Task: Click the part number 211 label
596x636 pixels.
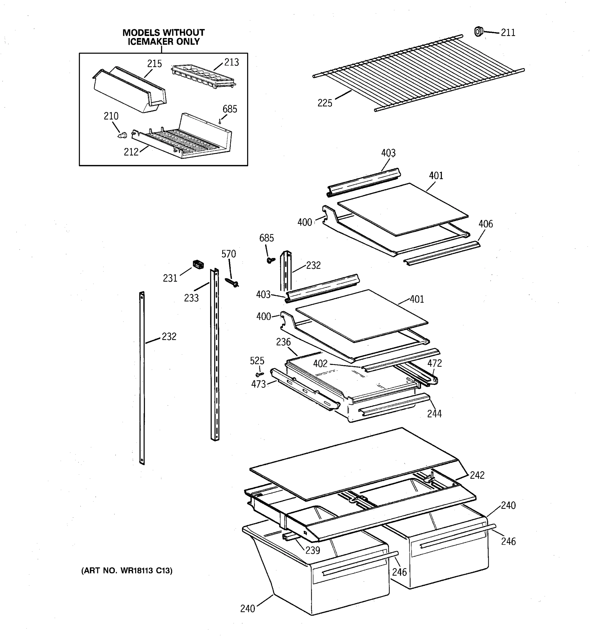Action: click(x=508, y=33)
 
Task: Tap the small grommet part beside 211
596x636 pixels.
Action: click(x=478, y=32)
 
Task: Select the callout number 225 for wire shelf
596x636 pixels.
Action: click(x=324, y=103)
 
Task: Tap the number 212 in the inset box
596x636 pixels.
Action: click(x=131, y=152)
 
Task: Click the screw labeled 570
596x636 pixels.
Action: click(x=232, y=282)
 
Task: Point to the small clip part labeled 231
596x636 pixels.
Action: click(x=198, y=264)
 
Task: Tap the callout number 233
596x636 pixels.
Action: click(x=191, y=298)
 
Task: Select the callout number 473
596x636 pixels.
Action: click(x=258, y=384)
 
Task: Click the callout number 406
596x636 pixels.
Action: click(x=485, y=224)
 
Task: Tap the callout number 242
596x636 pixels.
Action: click(x=477, y=475)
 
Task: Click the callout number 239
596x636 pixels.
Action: click(x=312, y=550)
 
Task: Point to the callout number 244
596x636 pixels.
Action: click(x=434, y=414)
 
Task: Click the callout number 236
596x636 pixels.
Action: click(x=283, y=342)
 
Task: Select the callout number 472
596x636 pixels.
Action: click(x=434, y=363)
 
